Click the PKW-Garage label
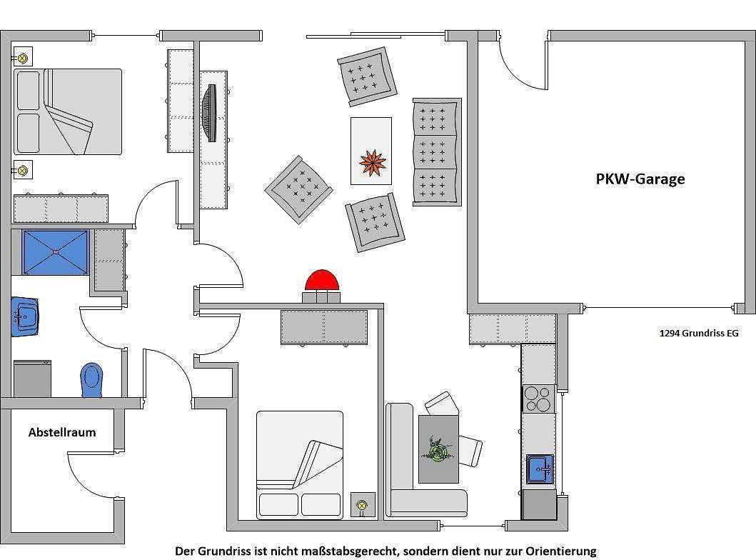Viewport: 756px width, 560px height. pos(640,179)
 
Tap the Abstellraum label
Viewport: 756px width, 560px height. pos(62,432)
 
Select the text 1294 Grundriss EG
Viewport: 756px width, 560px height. pos(699,333)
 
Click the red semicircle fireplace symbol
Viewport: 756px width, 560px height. pos(322,280)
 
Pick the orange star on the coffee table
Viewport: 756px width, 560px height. pos(372,163)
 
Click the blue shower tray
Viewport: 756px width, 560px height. pos(56,252)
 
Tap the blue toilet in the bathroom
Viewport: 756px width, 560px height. pos(91,380)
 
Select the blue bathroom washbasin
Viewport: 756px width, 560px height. pos(24,316)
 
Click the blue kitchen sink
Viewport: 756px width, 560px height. pos(540,469)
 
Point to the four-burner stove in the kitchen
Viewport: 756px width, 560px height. pos(538,399)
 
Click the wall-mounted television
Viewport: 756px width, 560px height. pos(210,113)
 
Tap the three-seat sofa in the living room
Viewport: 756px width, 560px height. pos(437,152)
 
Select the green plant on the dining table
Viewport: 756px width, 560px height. pos(438,449)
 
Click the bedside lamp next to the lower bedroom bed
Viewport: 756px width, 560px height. pos(362,505)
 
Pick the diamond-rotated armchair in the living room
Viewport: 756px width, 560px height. pos(299,189)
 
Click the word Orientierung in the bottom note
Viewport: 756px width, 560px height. pos(560,551)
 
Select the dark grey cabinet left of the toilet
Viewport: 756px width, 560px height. pos(32,379)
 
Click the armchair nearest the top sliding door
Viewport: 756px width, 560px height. pos(367,76)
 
